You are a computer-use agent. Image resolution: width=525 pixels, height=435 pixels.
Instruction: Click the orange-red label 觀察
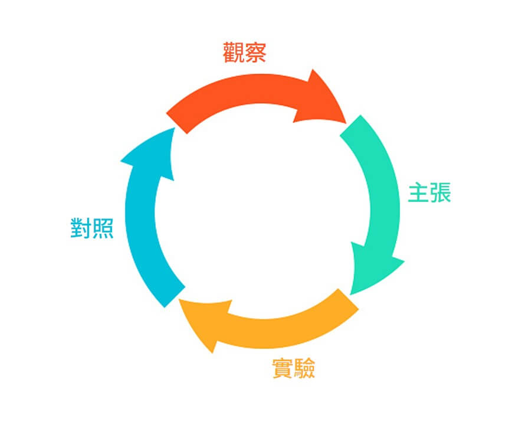pyautogui.click(x=244, y=53)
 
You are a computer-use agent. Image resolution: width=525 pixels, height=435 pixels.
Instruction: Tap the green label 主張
pyautogui.click(x=429, y=193)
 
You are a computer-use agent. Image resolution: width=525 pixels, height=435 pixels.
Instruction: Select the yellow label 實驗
pyautogui.click(x=293, y=369)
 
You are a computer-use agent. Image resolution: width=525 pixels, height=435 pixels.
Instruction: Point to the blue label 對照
pyautogui.click(x=92, y=228)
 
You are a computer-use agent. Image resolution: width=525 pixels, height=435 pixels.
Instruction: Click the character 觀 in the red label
pyautogui.click(x=234, y=53)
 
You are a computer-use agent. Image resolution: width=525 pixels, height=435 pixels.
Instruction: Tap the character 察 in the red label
pyautogui.click(x=255, y=53)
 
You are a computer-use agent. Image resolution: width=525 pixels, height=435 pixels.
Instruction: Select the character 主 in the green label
pyautogui.click(x=418, y=193)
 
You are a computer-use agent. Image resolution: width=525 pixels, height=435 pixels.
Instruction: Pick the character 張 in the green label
pyautogui.click(x=440, y=193)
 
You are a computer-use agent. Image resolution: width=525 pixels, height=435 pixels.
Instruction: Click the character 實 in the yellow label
pyautogui.click(x=283, y=369)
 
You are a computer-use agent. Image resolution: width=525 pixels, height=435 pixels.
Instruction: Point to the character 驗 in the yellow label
pyautogui.click(x=304, y=369)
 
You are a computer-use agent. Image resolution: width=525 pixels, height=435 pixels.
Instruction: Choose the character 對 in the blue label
pyautogui.click(x=81, y=228)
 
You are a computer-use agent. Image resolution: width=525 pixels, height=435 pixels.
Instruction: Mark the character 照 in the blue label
pyautogui.click(x=103, y=228)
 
